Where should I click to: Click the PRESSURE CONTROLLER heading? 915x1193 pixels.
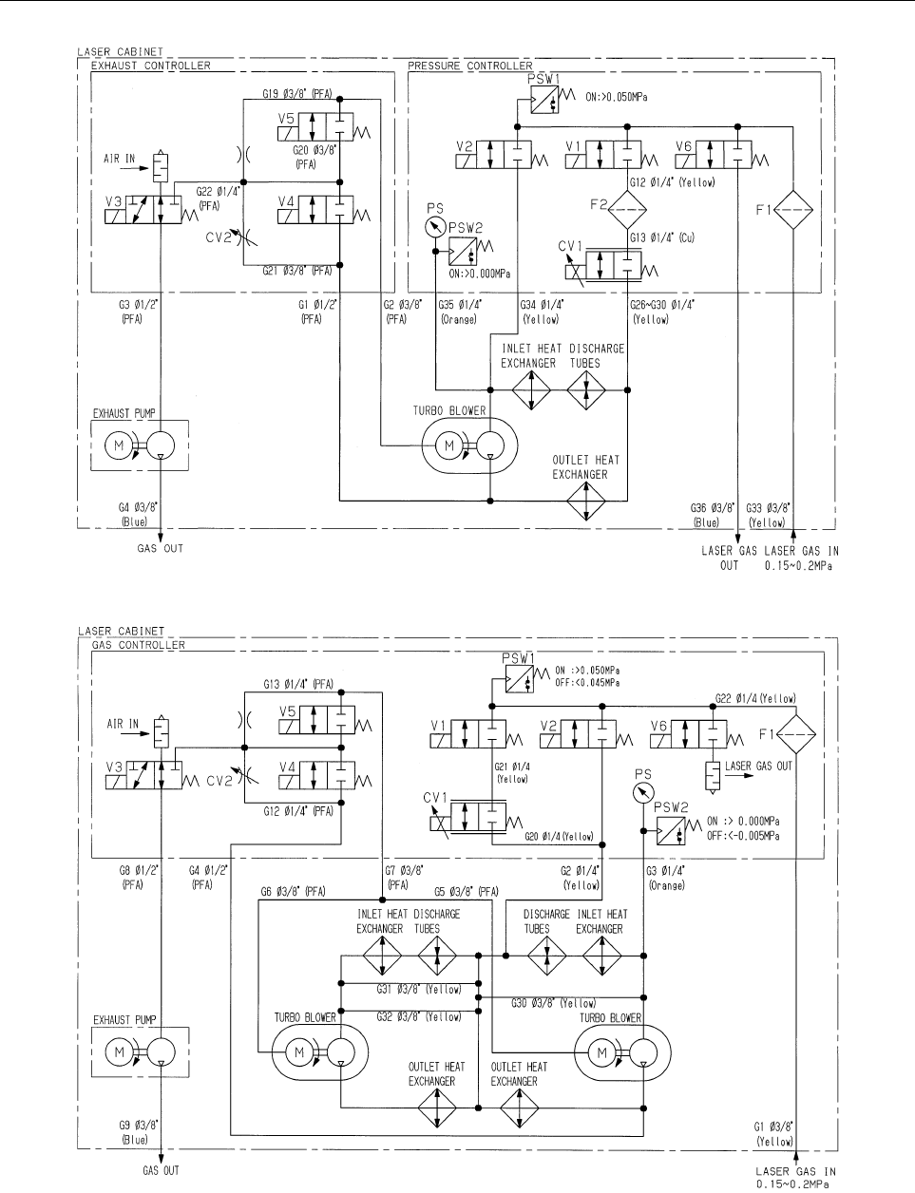469,66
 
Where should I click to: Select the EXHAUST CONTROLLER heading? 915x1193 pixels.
150,66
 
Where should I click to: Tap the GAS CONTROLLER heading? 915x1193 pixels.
139,645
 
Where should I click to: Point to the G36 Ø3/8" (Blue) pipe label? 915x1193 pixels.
713,515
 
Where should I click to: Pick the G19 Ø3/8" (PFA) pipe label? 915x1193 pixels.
297,94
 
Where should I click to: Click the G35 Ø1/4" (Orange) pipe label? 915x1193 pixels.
460,312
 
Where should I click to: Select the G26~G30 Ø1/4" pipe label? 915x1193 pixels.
662,312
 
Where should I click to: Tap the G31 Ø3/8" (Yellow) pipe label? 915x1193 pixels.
418,990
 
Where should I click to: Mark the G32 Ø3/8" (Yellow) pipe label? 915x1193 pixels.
418,1016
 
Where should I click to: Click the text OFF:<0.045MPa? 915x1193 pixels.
587,683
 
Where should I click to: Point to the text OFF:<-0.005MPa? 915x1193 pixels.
742,836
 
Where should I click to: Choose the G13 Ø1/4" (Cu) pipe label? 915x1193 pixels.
662,237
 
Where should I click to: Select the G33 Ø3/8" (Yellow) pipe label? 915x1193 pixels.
768,515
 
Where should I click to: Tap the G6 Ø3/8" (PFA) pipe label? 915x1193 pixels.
293,892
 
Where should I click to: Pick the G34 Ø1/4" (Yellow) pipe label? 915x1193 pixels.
542,312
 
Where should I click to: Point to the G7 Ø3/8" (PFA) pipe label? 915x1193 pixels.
404,878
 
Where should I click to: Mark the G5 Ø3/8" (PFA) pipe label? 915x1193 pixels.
467,892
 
